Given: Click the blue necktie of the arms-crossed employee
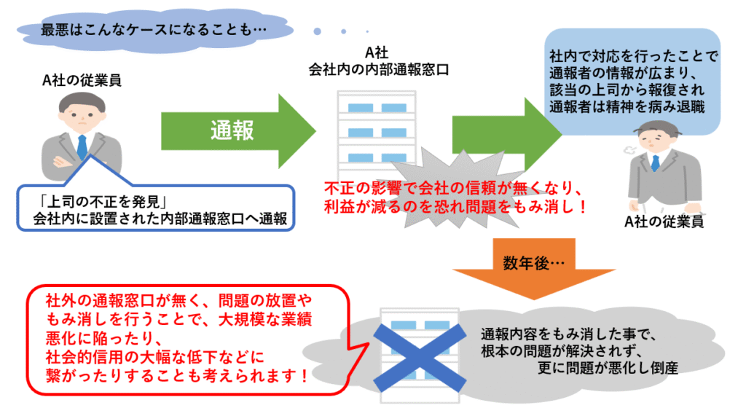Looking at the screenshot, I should pyautogui.click(x=82, y=146).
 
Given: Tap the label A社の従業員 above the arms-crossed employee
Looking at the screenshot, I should pyautogui.click(x=82, y=79).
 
